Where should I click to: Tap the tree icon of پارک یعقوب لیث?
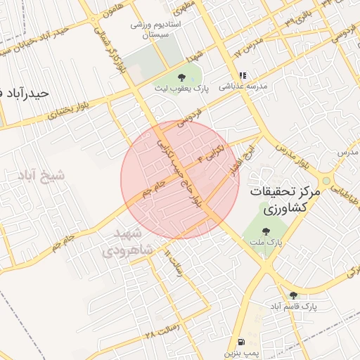click(181, 77)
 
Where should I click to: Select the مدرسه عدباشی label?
click(241, 87)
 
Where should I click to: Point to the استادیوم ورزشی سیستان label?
click(156, 29)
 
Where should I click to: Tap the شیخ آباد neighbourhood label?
click(41, 175)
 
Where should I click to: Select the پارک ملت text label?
click(265, 242)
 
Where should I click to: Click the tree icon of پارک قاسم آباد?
click(293, 295)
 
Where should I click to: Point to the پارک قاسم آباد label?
click(294, 307)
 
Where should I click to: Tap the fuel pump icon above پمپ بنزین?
click(242, 340)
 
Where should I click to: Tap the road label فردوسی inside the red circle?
click(188, 120)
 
